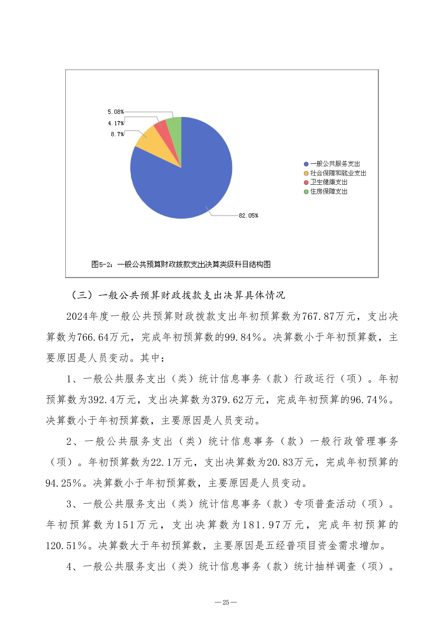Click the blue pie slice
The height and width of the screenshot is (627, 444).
[192, 180]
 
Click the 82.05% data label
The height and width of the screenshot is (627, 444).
[248, 216]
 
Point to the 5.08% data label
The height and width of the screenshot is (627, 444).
[115, 112]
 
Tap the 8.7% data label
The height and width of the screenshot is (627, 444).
[117, 134]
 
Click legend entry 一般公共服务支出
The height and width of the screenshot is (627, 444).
[335, 164]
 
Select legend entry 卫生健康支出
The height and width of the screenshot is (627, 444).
[328, 182]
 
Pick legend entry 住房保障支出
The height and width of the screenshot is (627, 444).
[328, 191]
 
